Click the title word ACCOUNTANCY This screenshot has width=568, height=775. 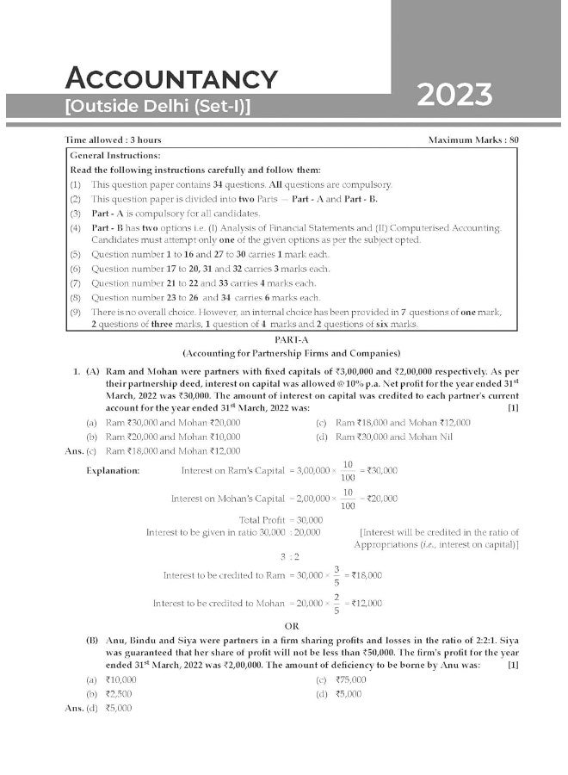[172, 78]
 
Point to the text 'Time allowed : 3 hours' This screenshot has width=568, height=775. [113, 139]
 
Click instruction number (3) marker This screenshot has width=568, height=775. [76, 213]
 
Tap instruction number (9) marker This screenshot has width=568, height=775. [76, 311]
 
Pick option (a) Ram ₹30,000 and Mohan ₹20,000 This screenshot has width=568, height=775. [164, 423]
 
